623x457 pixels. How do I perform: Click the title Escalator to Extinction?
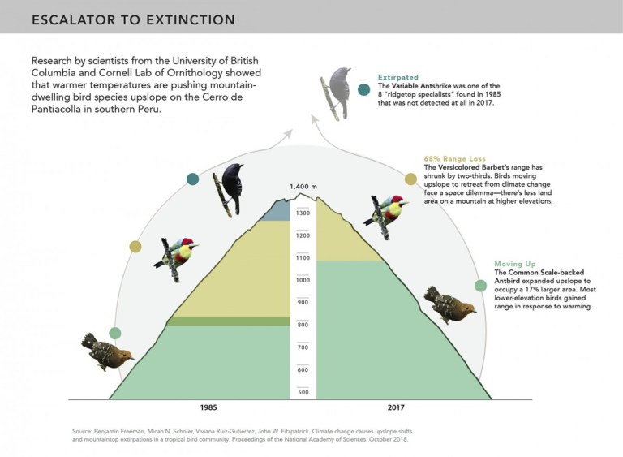(134, 19)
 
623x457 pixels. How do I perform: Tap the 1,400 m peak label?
(303, 187)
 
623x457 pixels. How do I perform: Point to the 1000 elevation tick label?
(303, 280)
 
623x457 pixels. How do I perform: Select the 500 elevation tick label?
(303, 392)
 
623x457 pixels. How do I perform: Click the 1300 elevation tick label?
(303, 213)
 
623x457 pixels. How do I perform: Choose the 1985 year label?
(208, 407)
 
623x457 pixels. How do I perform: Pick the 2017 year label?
(396, 407)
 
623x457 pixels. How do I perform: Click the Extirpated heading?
(398, 77)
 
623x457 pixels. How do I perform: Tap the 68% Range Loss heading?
(454, 159)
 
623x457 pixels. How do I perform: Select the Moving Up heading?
(515, 264)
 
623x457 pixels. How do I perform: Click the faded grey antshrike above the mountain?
(336, 94)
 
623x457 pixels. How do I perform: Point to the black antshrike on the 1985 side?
(229, 189)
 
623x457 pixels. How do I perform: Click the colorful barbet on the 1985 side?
(176, 259)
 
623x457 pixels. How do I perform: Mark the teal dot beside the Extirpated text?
(363, 89)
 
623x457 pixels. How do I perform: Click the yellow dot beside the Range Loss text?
(410, 179)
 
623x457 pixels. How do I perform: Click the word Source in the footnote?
(81, 431)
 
